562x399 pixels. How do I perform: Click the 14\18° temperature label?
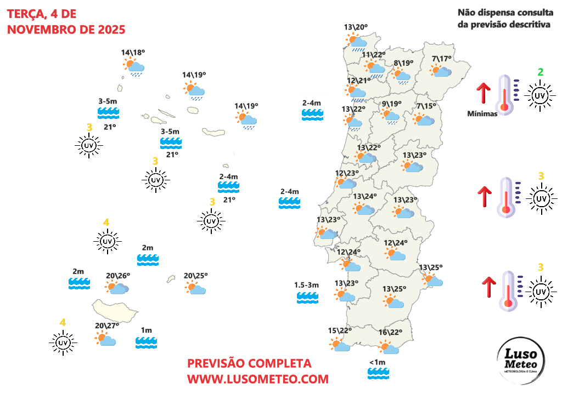133,53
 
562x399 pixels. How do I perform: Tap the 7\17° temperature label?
441,59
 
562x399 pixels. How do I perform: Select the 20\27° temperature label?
107,326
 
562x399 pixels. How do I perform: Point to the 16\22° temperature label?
391,332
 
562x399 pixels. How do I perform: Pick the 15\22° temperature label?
340,330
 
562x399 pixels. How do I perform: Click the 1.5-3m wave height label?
307,285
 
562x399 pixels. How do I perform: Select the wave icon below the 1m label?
147,343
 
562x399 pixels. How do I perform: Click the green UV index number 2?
541,72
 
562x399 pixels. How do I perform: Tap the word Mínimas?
482,114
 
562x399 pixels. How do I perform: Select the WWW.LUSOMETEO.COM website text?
258,379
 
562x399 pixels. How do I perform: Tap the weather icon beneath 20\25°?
195,288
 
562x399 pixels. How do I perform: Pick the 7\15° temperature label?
426,106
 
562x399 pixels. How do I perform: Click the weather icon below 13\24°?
364,208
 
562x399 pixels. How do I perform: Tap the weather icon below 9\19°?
390,116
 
